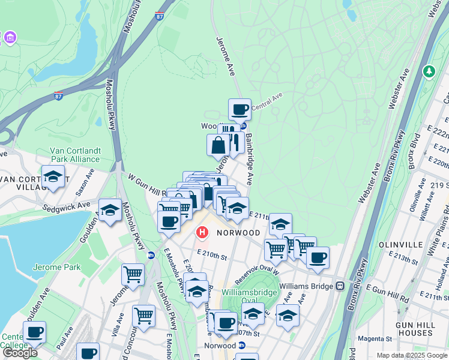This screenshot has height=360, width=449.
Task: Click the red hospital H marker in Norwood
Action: coord(203,231)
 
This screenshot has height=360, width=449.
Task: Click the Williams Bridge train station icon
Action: coord(339,286)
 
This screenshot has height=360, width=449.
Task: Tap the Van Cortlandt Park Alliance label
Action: coord(71,155)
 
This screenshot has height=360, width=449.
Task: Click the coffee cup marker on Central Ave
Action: coord(240,110)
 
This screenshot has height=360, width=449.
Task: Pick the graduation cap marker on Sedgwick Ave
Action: coord(110,211)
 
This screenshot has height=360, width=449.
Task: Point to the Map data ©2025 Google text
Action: coord(412,355)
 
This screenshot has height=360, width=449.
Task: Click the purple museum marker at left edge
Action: coord(9,38)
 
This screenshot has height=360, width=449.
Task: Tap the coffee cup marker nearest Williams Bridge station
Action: coord(318,258)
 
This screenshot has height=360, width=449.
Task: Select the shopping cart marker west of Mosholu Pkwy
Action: coord(133,275)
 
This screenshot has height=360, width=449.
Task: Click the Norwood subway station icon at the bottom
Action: coord(242,346)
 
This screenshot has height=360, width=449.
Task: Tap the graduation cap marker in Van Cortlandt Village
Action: coord(53,177)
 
